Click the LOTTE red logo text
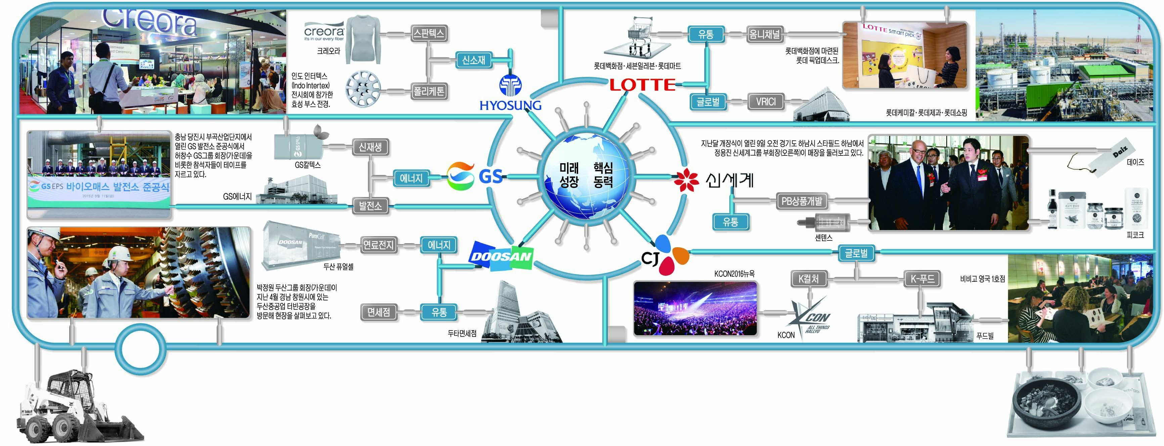(x=642, y=85)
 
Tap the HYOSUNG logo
(x=510, y=95)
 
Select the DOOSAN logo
(x=501, y=256)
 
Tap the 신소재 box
(x=473, y=60)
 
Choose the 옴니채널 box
(x=765, y=34)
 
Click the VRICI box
(x=766, y=102)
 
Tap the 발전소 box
(x=370, y=206)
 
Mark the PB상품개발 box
(x=802, y=201)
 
